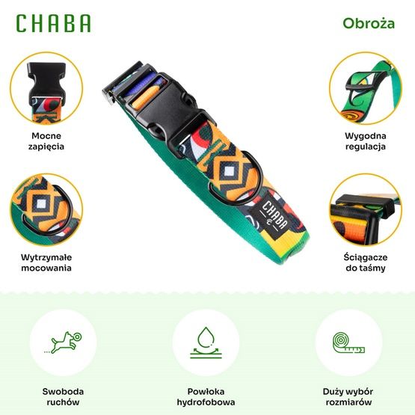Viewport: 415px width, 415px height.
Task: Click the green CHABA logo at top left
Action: coord(53,23)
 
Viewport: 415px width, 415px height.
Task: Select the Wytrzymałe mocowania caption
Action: coord(47,262)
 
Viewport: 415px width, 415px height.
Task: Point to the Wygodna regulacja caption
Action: coord(366,142)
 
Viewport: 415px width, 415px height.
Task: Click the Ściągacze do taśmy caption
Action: coord(366,262)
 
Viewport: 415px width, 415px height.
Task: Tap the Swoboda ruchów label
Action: coord(62,397)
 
